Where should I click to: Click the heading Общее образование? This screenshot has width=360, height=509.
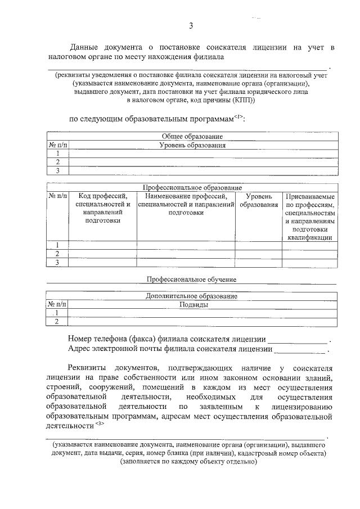[x=192, y=136]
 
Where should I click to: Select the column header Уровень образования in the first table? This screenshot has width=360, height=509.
[x=192, y=145]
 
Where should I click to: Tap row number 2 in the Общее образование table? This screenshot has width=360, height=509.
[x=57, y=162]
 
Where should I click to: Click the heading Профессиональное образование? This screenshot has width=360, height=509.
[x=192, y=187]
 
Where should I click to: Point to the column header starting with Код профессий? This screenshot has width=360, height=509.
[x=102, y=209]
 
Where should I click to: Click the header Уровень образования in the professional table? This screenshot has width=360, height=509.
[x=259, y=201]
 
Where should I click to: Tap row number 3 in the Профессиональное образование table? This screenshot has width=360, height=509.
[x=57, y=263]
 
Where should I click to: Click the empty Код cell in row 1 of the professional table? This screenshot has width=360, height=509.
[x=102, y=245]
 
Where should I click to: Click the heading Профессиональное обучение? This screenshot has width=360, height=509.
[x=192, y=279]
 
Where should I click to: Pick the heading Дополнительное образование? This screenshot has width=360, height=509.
[x=192, y=296]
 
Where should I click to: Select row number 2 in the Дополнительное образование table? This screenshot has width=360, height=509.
[x=57, y=322]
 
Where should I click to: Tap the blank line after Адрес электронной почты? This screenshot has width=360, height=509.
[x=299, y=350]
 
